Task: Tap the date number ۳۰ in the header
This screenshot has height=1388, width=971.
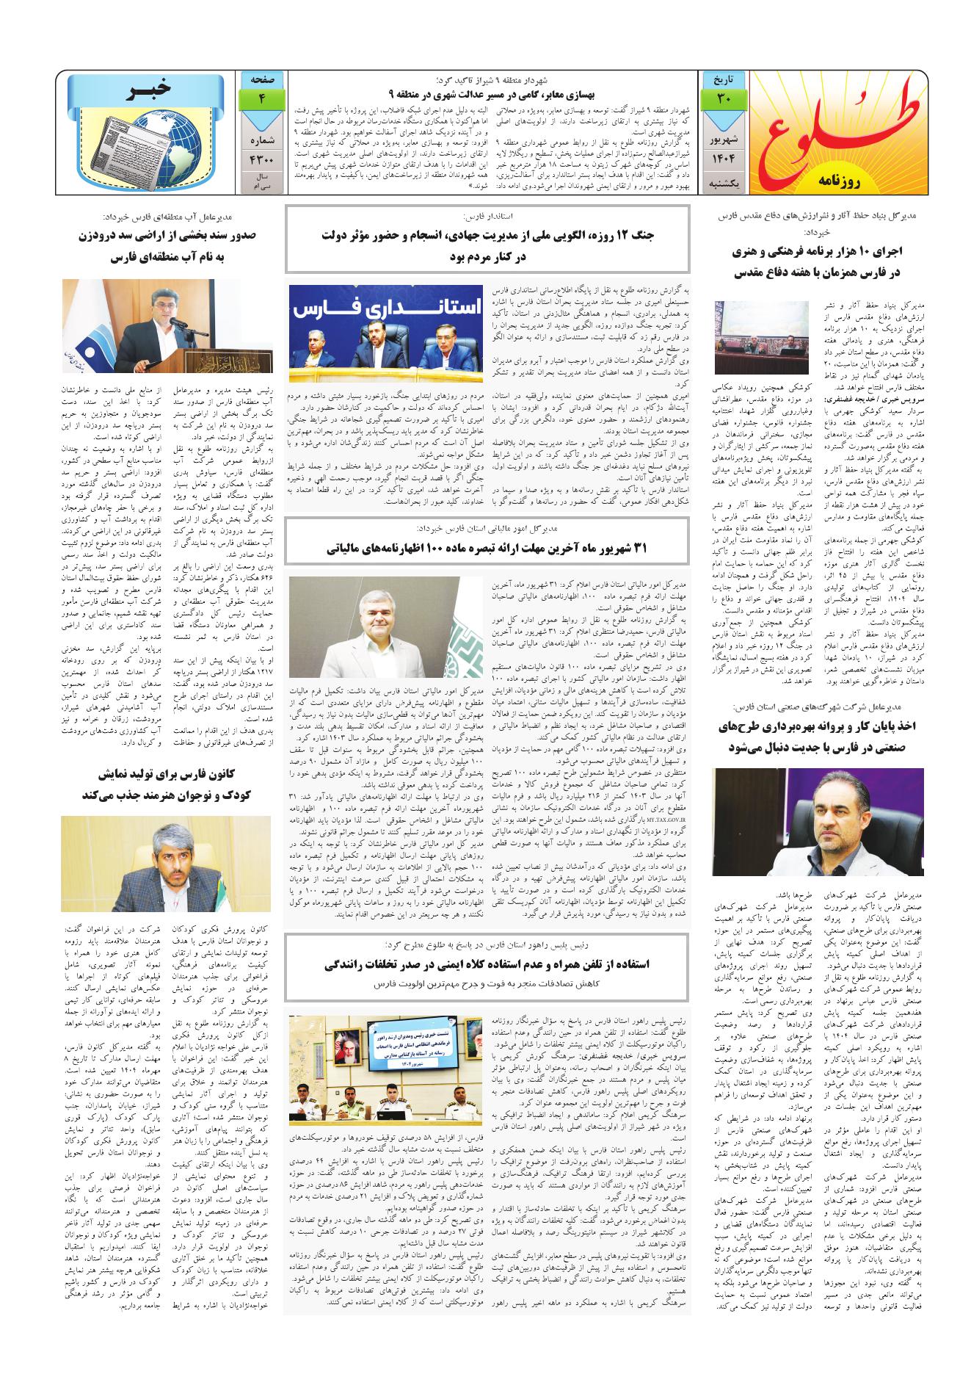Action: tap(722, 98)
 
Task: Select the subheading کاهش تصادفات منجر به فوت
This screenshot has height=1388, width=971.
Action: tap(487, 983)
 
